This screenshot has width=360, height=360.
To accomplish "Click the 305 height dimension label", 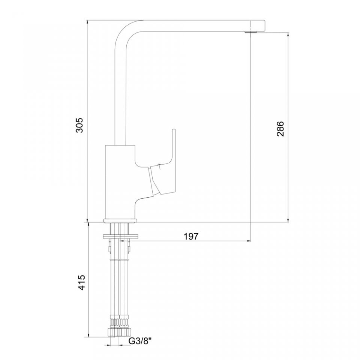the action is pyautogui.click(x=79, y=125).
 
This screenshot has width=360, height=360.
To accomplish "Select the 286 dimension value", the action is pyautogui.click(x=280, y=129).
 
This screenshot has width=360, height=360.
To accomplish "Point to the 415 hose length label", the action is pyautogui.click(x=81, y=282).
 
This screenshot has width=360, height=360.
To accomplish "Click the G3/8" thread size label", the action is pyautogui.click(x=140, y=341).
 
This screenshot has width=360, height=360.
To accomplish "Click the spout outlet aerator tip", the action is pyautogui.click(x=251, y=32).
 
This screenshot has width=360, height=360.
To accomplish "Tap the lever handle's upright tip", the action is pyautogui.click(x=174, y=130).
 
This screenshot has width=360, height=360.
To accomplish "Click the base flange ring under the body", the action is pyautogui.click(x=120, y=220).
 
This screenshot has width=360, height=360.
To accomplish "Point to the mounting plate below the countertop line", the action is pyautogui.click(x=121, y=236).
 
